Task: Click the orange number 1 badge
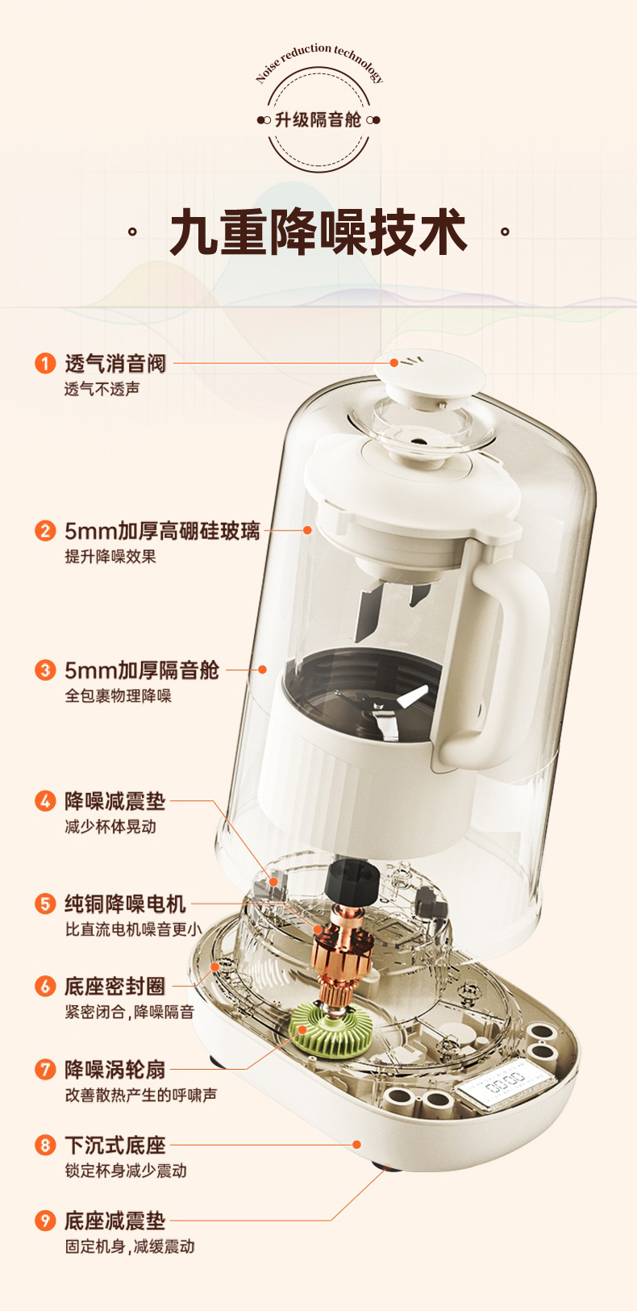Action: (45, 363)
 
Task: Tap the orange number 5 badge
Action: (45, 904)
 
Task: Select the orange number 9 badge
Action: (45, 1221)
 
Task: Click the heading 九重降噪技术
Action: (318, 232)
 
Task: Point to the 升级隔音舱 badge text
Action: (318, 120)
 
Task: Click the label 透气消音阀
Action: (115, 364)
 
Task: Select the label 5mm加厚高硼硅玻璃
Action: (162, 531)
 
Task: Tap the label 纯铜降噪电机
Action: (125, 904)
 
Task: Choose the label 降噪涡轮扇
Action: (115, 1069)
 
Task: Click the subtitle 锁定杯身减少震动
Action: (126, 1171)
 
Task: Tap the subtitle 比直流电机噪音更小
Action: (133, 929)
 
